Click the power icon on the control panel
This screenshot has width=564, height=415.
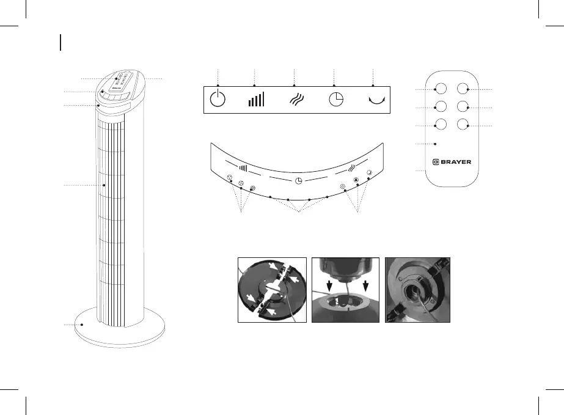[x=218, y=100]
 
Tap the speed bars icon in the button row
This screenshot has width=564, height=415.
[x=257, y=100]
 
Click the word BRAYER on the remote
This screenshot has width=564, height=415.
[x=456, y=162]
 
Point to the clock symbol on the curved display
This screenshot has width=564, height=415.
[x=299, y=181]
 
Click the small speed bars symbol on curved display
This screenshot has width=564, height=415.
[x=243, y=168]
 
